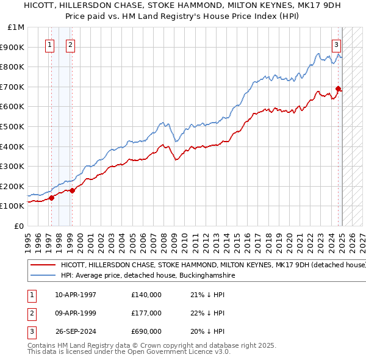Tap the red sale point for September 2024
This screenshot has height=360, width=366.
pos(338,89)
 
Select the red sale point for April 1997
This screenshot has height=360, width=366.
pos(51,198)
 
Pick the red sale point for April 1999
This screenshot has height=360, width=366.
pos(72,190)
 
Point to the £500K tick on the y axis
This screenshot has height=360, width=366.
pos(13,126)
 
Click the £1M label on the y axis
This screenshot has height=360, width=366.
pos(16,27)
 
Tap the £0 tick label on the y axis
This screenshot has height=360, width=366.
pos(20,226)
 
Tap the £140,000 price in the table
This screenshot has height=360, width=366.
pos(146,295)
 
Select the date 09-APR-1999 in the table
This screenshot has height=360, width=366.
pos(76,313)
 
